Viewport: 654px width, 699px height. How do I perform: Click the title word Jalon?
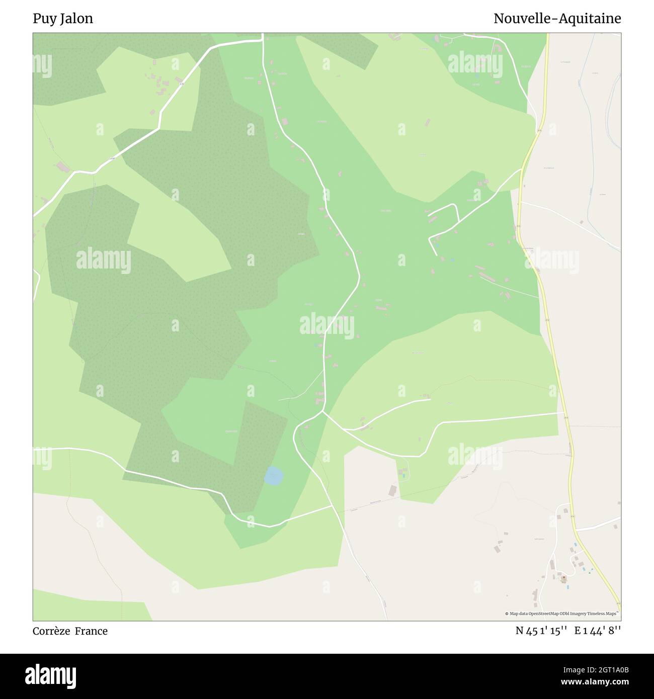(76, 19)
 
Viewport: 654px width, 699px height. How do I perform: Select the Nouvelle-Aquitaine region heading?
(557, 19)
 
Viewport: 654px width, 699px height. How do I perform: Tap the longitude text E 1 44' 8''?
(598, 631)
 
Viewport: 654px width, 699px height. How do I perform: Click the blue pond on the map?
(273, 476)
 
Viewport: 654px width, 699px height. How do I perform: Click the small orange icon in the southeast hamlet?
(563, 578)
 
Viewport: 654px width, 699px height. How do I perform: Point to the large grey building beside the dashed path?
(392, 490)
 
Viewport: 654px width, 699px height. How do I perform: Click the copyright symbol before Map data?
(507, 614)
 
